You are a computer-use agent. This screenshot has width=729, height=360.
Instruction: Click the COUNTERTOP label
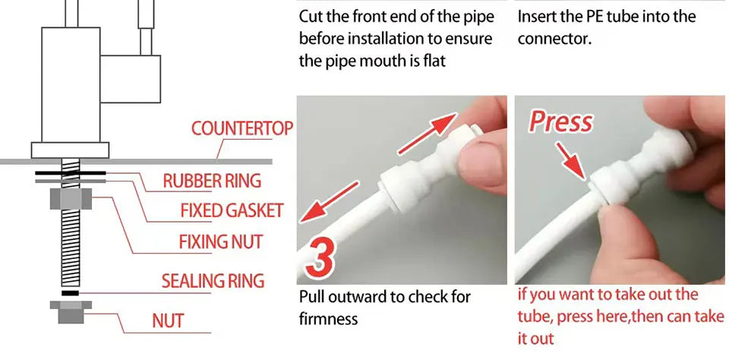[x=241, y=128]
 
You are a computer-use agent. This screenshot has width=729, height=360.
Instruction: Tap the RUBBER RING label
[x=212, y=181]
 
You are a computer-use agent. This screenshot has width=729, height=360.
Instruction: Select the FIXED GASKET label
[x=232, y=210]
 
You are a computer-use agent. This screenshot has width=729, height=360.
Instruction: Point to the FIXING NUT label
[x=221, y=242]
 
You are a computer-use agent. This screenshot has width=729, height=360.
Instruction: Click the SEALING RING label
[x=213, y=281]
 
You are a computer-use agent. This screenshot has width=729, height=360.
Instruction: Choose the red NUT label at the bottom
[x=168, y=321]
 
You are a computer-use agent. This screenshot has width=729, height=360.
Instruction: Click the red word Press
[x=560, y=122]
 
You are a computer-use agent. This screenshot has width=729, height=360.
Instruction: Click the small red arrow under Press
[x=571, y=161]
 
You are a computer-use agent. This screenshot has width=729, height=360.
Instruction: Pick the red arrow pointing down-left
[x=329, y=202]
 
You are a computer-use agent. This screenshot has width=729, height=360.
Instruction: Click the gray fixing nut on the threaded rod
[x=71, y=199]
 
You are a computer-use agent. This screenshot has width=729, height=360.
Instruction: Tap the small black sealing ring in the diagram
[x=70, y=293]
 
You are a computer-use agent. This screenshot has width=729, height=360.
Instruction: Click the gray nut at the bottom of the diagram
[x=71, y=311]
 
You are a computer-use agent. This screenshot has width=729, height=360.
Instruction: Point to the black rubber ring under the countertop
[x=70, y=173]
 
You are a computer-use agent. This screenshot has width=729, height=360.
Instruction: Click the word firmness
[x=328, y=319]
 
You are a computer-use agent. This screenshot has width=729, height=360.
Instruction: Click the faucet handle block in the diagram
[x=130, y=79]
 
